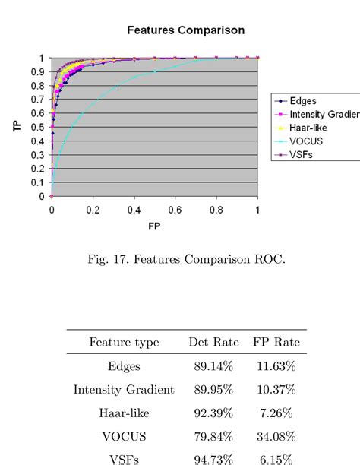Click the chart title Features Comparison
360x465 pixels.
186,30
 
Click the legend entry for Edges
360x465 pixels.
302,100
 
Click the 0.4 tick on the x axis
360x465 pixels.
134,209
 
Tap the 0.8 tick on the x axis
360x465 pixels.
216,209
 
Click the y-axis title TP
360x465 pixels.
17,127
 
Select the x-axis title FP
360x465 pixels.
155,226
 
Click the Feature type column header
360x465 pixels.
124,343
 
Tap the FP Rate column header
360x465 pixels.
276,343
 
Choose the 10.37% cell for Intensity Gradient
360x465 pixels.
276,389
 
